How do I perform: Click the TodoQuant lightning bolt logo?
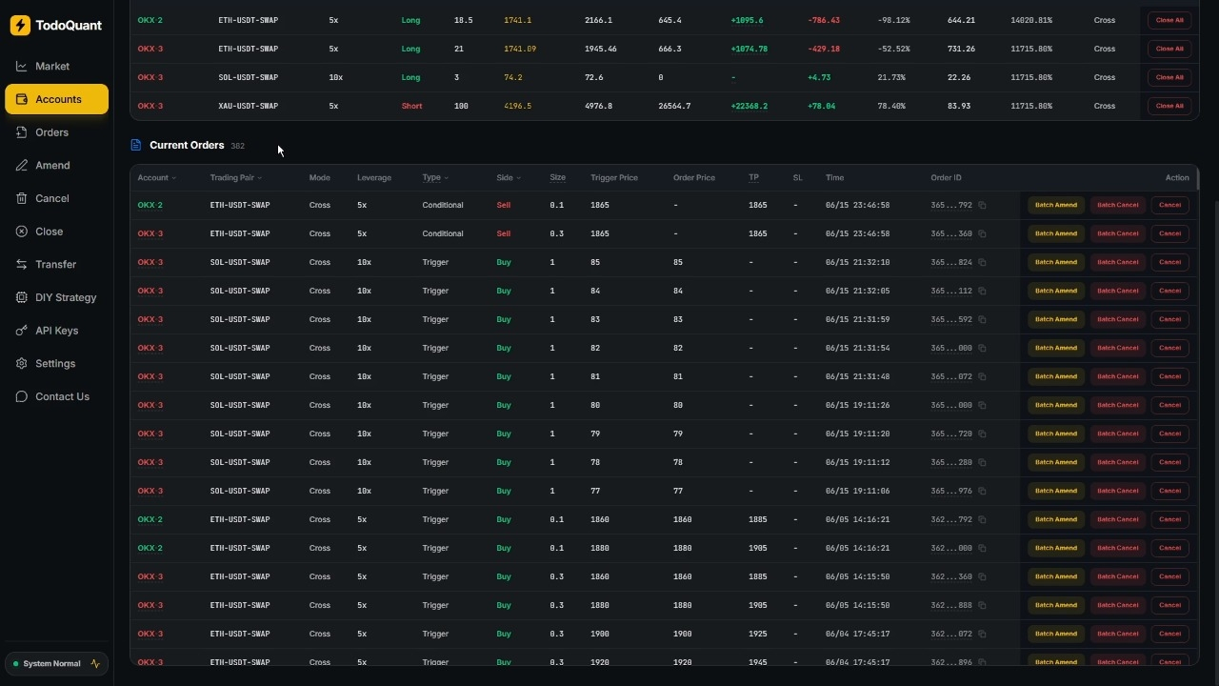click(x=20, y=25)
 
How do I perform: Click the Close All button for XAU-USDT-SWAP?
click(x=1169, y=106)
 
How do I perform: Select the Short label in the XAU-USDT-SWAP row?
click(x=411, y=106)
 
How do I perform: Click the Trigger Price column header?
click(x=614, y=178)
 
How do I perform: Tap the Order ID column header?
click(x=946, y=178)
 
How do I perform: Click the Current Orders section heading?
click(x=187, y=146)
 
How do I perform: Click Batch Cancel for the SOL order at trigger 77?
click(x=1117, y=491)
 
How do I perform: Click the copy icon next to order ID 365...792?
click(x=982, y=205)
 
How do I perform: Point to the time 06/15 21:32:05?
click(x=857, y=291)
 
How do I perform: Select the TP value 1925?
click(x=757, y=634)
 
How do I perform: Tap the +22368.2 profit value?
click(x=749, y=106)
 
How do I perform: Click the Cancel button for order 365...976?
click(x=1169, y=491)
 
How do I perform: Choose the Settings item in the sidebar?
click(x=55, y=364)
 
